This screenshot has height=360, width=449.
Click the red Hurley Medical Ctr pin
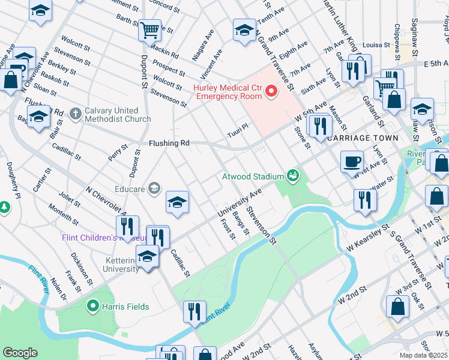tap(271, 91)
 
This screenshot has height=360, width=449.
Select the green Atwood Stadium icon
tap(293, 176)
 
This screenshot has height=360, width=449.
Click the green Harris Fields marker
tap(92, 307)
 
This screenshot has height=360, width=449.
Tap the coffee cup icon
tap(352, 161)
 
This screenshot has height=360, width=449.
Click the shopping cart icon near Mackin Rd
tap(149, 29)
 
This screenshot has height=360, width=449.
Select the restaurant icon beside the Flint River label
tap(194, 311)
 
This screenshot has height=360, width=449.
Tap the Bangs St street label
tap(241, 223)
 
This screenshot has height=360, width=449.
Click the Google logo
tap(20, 353)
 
